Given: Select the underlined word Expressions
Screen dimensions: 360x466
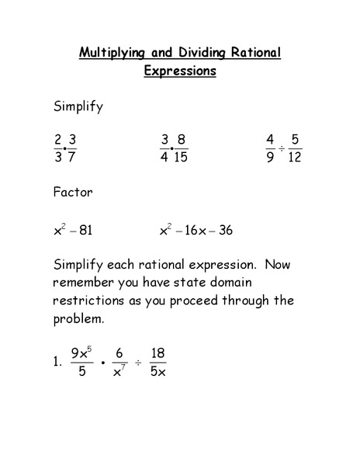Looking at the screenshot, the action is (x=180, y=71).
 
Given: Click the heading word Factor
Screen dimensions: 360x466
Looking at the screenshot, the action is (x=73, y=192).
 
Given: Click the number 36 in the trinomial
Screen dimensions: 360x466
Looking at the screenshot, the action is (x=225, y=231).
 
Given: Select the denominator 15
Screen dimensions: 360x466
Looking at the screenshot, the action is (x=181, y=158).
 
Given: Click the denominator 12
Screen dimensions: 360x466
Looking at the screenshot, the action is (x=294, y=158).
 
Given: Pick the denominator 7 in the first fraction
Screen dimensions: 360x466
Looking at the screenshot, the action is (x=72, y=158).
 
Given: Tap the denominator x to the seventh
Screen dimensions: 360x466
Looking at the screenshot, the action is (x=119, y=372).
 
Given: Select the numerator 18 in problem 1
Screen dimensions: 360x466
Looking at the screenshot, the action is (x=158, y=353).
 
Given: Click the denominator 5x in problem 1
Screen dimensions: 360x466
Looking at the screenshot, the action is (x=158, y=372).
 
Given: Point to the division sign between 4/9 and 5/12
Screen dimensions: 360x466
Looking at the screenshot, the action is (x=282, y=148).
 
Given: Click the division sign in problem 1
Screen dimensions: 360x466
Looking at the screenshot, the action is (x=138, y=363).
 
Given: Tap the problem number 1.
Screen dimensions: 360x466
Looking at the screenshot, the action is (x=57, y=363).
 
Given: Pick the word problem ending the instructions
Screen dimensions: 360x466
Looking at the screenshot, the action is (x=78, y=318).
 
